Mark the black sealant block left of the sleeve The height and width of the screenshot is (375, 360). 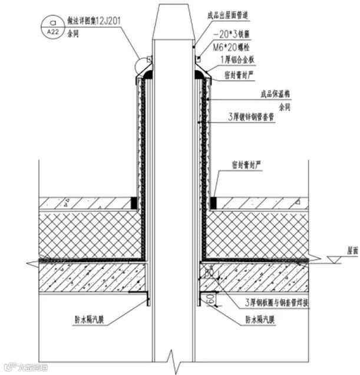(134, 203)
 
